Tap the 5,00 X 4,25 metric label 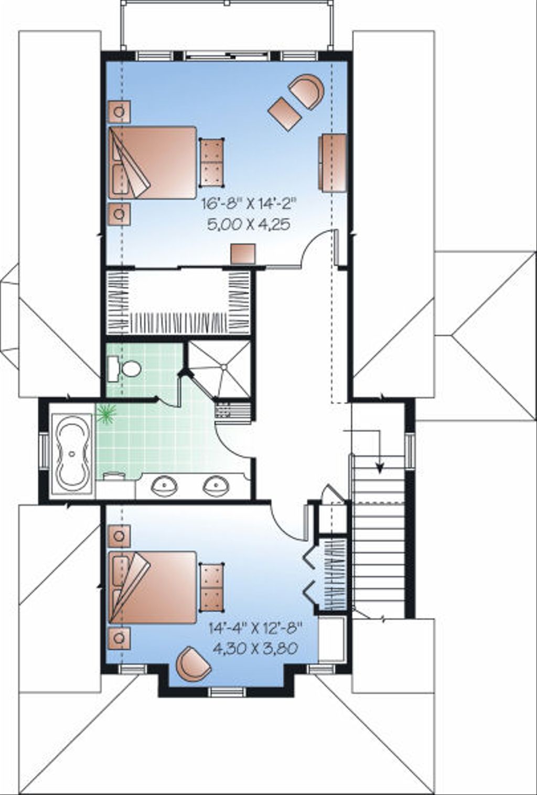click(x=249, y=225)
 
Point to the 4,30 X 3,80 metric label click(x=255, y=648)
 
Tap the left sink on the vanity click(x=165, y=486)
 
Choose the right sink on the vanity click(x=216, y=486)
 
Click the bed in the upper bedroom click(x=152, y=162)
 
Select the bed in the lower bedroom click(x=152, y=587)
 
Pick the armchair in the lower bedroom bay click(x=192, y=663)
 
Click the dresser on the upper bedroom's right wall click(x=332, y=162)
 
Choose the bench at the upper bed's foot click(x=211, y=162)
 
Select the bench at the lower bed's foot click(x=211, y=587)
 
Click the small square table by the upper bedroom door click(x=243, y=253)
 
